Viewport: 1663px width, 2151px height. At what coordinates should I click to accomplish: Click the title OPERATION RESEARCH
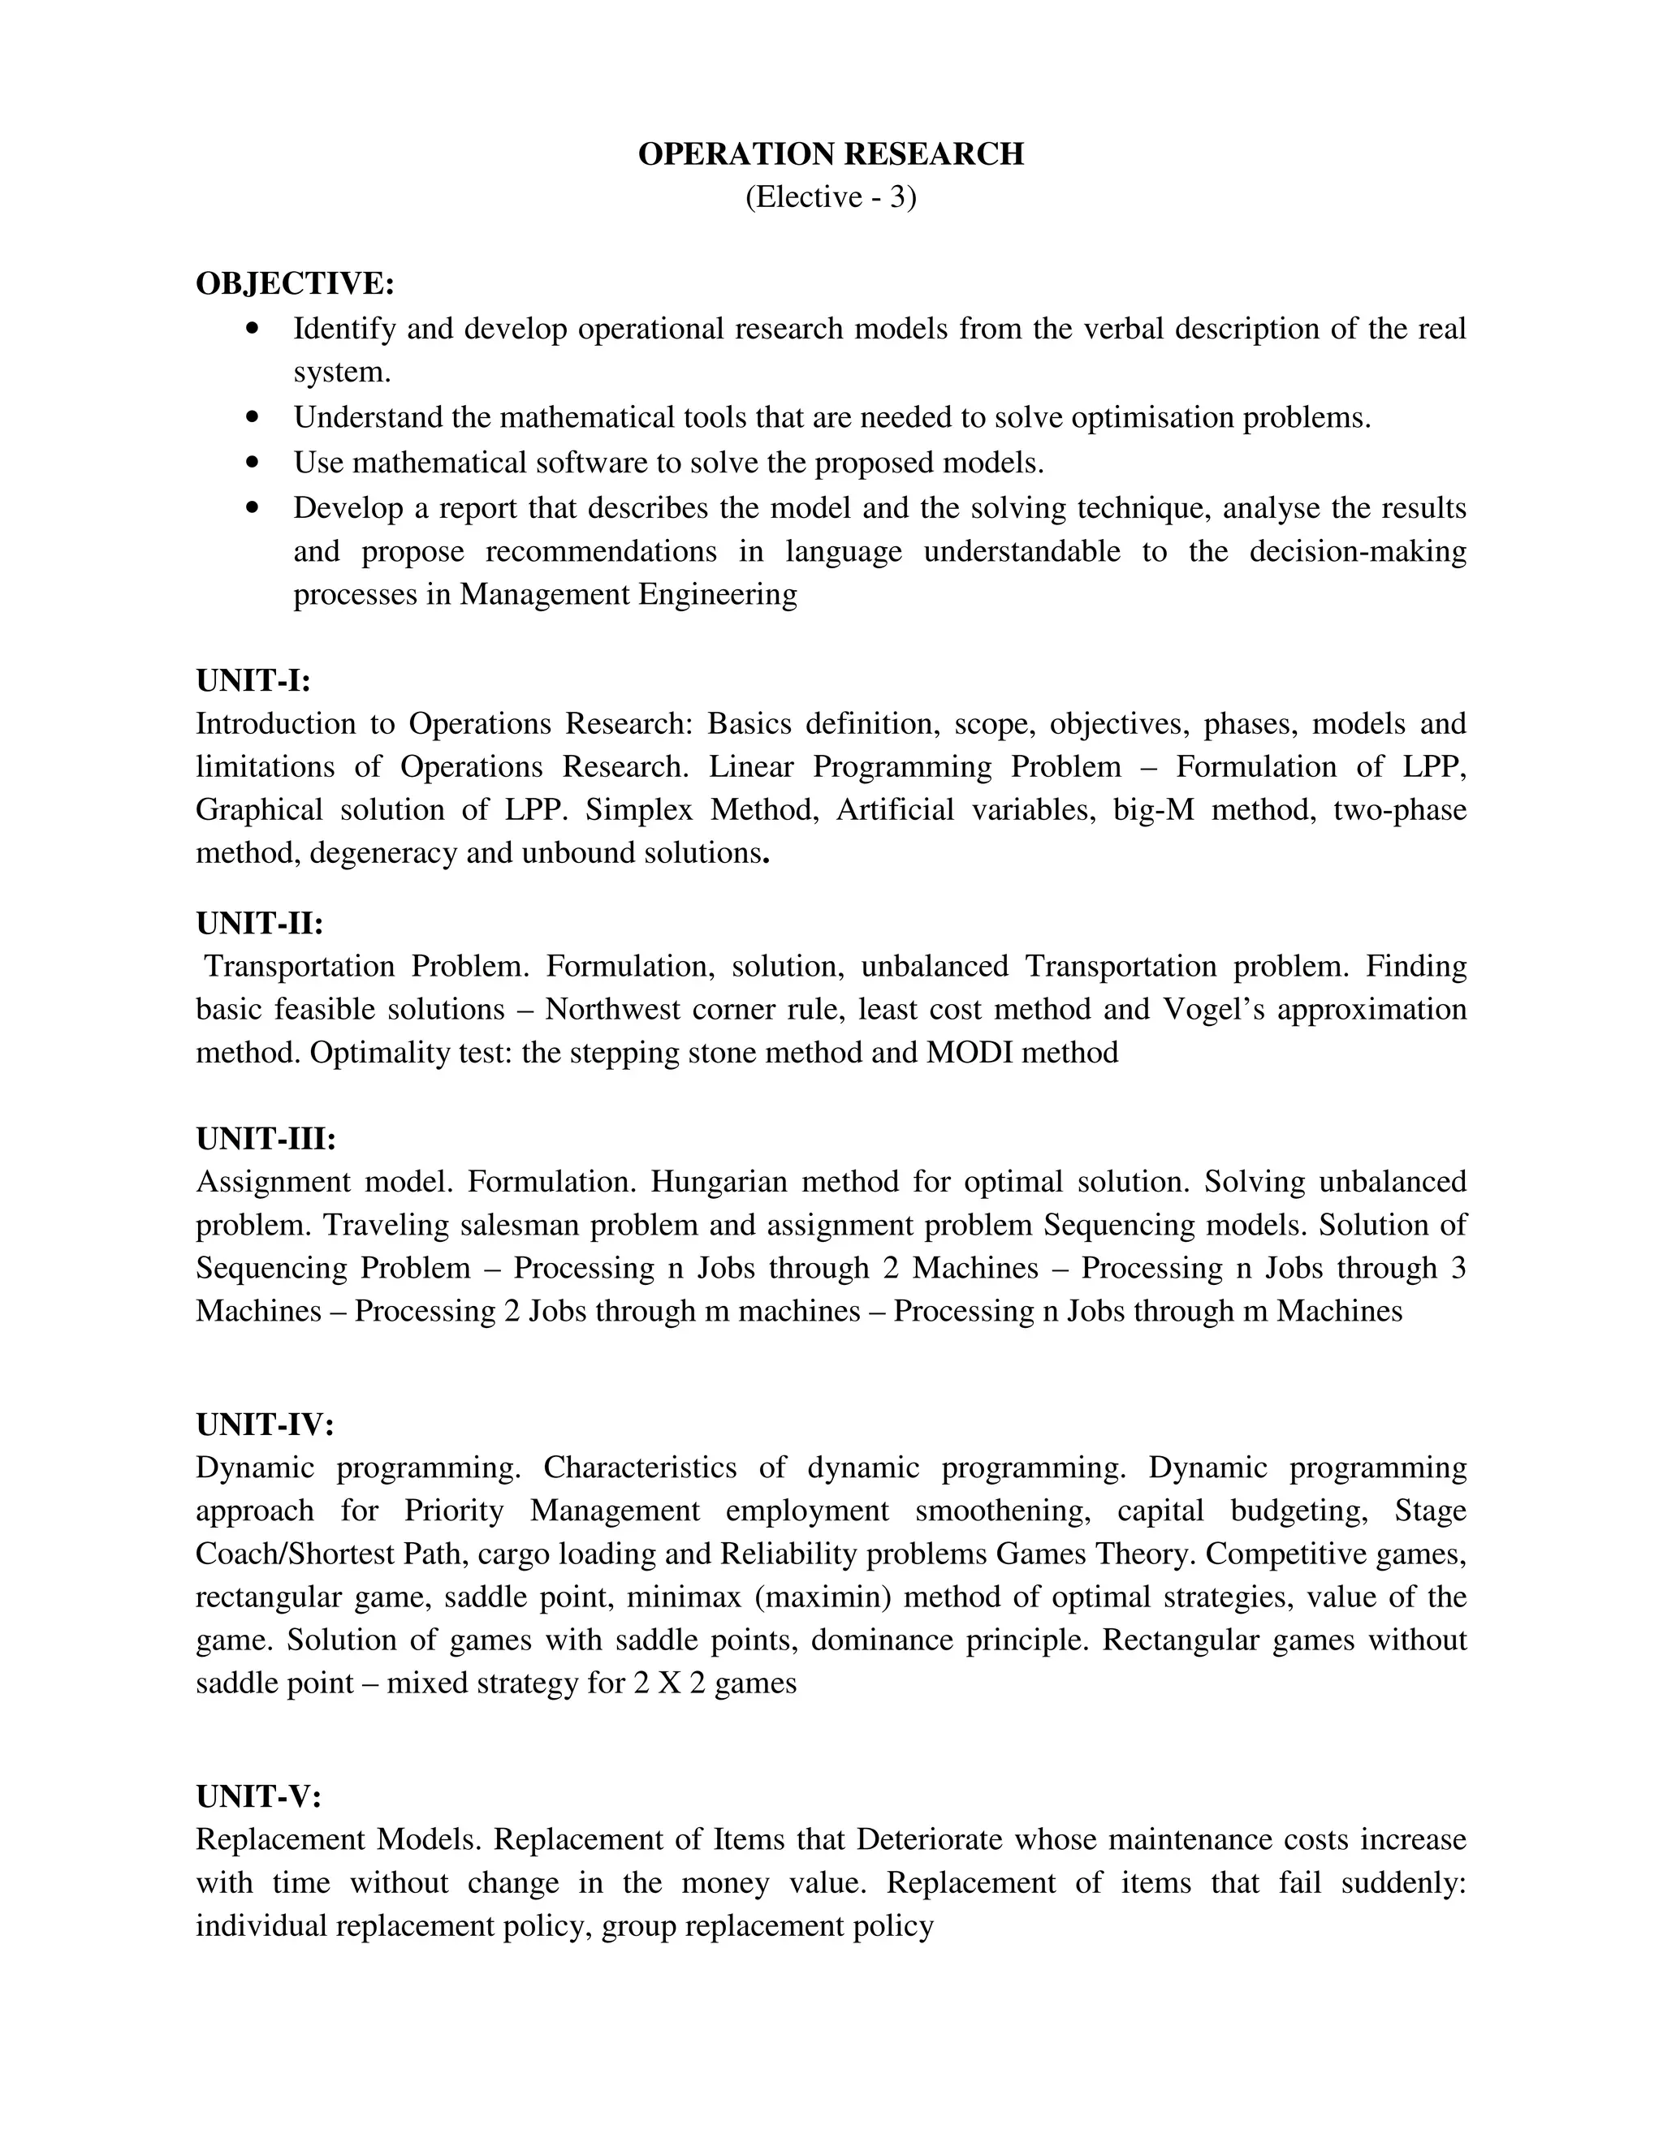pyautogui.click(x=831, y=154)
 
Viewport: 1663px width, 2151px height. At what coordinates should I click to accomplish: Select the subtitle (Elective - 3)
pyautogui.click(x=831, y=198)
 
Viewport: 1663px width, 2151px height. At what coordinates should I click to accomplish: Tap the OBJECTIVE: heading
pyautogui.click(x=295, y=283)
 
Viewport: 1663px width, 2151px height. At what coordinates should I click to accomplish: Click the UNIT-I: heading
pyautogui.click(x=253, y=680)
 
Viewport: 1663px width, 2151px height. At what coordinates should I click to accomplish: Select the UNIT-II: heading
pyautogui.click(x=259, y=923)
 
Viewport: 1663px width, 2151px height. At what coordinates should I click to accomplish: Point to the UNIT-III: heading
pyautogui.click(x=266, y=1139)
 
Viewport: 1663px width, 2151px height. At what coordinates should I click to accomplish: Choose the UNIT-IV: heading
pyautogui.click(x=265, y=1425)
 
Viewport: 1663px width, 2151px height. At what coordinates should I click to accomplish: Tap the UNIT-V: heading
pyautogui.click(x=258, y=1796)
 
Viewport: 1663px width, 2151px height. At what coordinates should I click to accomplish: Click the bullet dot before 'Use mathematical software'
pyautogui.click(x=254, y=462)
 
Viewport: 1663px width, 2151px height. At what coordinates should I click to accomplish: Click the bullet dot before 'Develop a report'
pyautogui.click(x=254, y=507)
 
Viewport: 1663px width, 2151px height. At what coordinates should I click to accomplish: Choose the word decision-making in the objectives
pyautogui.click(x=1357, y=550)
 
